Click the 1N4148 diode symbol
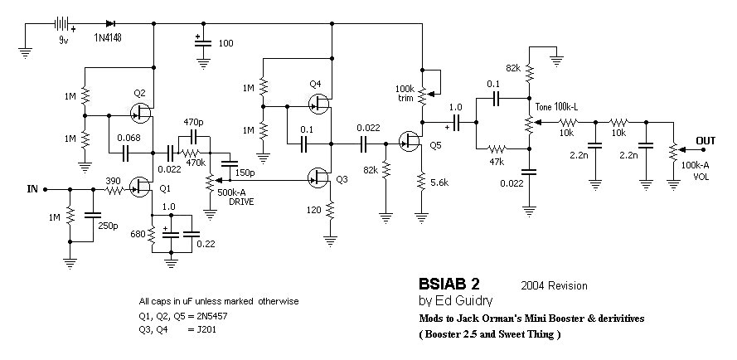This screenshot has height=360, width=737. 111,23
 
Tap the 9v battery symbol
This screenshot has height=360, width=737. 61,23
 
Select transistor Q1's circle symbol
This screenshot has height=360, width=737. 139,187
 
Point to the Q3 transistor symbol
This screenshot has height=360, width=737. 318,177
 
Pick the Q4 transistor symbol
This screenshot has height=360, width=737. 318,104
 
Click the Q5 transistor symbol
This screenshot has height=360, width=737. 409,140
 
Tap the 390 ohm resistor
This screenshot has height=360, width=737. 114,190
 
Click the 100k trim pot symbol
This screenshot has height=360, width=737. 423,95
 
